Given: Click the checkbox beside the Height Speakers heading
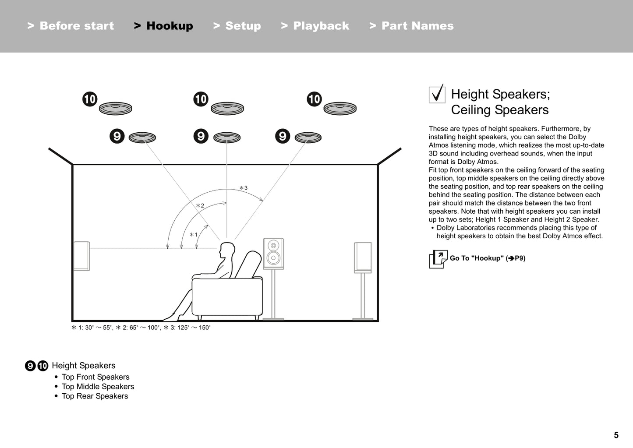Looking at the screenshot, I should [437, 94].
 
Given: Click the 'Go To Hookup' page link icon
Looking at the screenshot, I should [438, 259].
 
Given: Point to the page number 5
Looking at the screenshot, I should [616, 435].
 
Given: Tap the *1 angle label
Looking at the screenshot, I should [194, 235].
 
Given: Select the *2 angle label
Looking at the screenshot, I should [200, 205].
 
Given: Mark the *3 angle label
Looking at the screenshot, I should [243, 188].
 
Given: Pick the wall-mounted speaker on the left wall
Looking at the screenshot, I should [81, 256].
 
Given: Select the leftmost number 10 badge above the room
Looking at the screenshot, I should [90, 99].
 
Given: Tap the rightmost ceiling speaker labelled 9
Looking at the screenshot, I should [308, 138].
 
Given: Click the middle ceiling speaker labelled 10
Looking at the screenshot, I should [227, 108].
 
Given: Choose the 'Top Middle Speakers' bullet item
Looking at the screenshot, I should [98, 386].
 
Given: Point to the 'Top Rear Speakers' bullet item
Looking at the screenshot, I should [95, 396].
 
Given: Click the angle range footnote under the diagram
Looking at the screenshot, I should [141, 328].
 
